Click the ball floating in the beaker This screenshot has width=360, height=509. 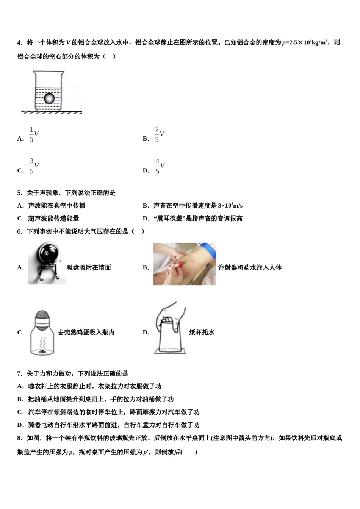click(x=49, y=98)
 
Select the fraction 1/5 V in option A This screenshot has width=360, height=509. click(x=34, y=134)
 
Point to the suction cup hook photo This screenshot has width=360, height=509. click(x=47, y=264)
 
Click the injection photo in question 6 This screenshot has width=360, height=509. click(x=184, y=264)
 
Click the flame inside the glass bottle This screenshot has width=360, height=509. click(x=42, y=351)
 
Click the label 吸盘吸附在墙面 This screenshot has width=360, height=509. click(x=89, y=267)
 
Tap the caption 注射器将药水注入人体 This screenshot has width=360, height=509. click(x=250, y=267)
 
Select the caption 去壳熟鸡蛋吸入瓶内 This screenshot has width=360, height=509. click(x=86, y=333)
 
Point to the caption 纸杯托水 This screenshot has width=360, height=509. click(x=202, y=333)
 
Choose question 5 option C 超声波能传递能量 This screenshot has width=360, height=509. click(x=53, y=219)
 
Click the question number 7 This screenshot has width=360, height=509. click(x=19, y=374)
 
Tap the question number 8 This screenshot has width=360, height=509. click(x=19, y=438)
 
